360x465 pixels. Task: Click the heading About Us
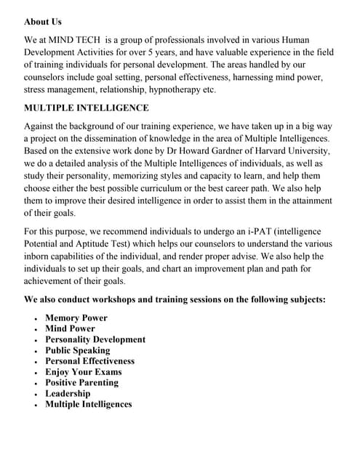[x=43, y=22]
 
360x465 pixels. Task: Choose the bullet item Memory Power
[x=76, y=318]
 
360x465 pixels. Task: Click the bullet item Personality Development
[x=95, y=339]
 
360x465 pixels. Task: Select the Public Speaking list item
[x=77, y=350]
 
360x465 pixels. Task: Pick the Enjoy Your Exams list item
[x=83, y=372]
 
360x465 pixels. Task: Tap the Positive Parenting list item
[x=81, y=382]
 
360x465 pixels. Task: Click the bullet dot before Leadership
[x=36, y=394]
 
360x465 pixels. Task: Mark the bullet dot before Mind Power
[x=36, y=329]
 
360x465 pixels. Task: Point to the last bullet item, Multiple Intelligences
[x=88, y=404]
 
